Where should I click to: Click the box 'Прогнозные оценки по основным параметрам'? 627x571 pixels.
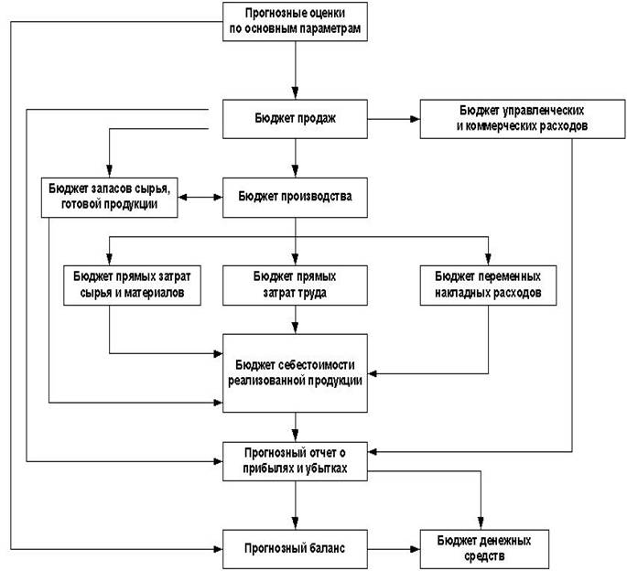point(295,22)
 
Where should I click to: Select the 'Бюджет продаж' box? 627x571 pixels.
point(295,119)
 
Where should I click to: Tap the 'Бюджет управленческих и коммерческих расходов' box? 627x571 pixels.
point(523,119)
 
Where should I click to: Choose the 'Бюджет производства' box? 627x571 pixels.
point(295,198)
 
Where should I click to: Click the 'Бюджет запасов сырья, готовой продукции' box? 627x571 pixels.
point(110,198)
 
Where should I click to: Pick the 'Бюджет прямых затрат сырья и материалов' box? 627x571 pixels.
point(132,285)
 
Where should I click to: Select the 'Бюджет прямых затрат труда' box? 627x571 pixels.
point(295,285)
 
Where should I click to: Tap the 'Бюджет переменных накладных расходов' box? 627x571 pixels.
point(488,285)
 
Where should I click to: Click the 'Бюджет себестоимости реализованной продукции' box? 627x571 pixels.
point(295,373)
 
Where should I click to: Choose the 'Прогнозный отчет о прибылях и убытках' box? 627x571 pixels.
point(295,461)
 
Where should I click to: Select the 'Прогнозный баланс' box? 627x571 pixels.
point(295,549)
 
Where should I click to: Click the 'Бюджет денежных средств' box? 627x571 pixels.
point(484,549)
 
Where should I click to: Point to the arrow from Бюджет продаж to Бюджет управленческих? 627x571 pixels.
point(394,119)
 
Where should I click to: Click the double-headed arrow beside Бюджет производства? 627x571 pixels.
point(200,197)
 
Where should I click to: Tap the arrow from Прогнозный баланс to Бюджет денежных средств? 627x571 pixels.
point(394,549)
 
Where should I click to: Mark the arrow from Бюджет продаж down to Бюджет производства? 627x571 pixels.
point(296,158)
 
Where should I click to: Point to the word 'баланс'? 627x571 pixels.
point(327,548)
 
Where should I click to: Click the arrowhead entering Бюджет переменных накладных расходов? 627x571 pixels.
point(488,259)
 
